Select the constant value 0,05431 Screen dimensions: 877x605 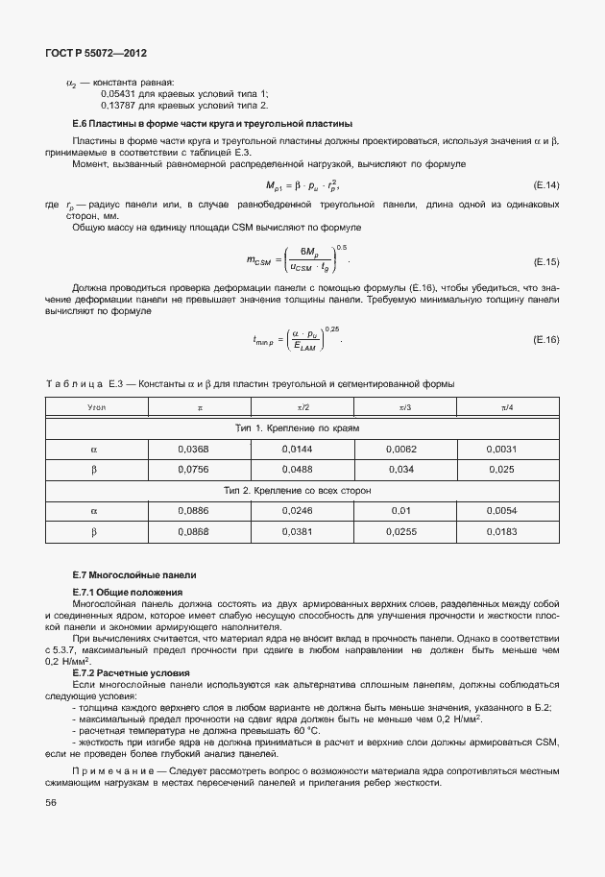pos(118,93)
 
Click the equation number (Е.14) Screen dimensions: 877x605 pos(544,183)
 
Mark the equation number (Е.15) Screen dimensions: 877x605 pos(544,261)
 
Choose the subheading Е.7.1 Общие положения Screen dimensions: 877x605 pos(128,592)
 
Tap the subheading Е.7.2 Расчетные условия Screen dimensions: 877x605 pos(131,673)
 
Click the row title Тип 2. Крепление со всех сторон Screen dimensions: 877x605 pos(298,490)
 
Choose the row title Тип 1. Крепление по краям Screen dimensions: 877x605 pos(298,427)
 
